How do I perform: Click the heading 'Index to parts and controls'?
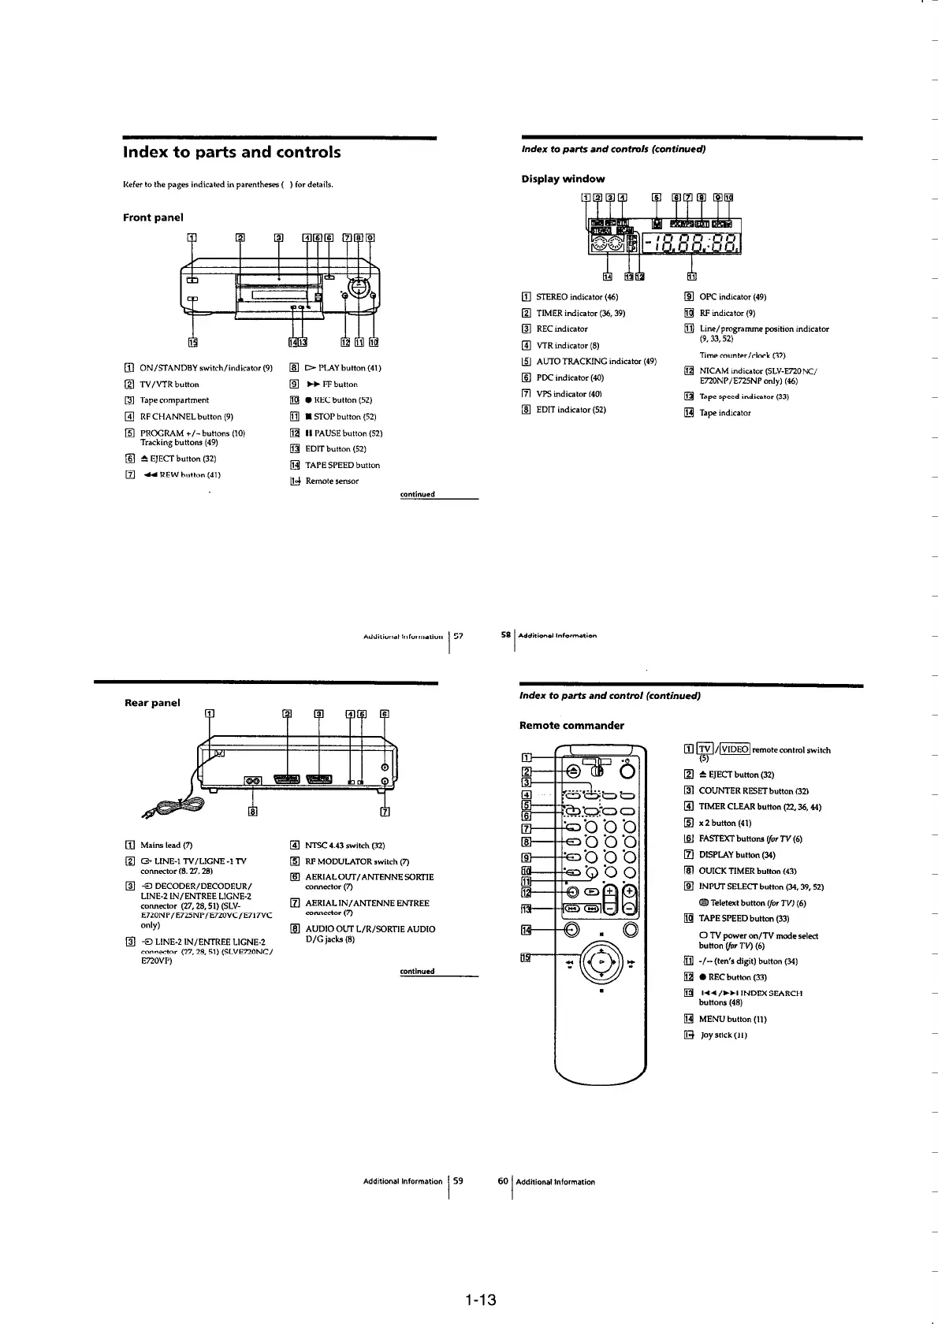[232, 152]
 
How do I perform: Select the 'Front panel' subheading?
[153, 217]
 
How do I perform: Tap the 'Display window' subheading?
[563, 179]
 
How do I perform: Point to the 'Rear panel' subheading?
[152, 702]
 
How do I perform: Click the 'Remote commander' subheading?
[571, 725]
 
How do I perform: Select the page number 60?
[503, 1181]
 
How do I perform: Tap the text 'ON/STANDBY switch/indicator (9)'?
[206, 368]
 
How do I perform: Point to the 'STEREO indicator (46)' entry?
[577, 297]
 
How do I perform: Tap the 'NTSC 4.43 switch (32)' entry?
[344, 846]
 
